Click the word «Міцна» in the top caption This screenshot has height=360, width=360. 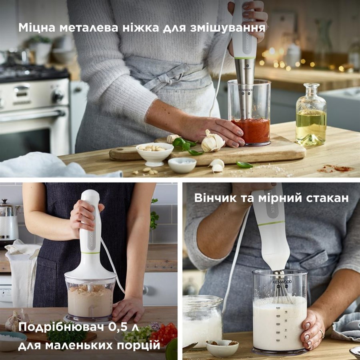pyautogui.click(x=37, y=28)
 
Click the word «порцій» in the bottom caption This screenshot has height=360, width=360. pyautogui.click(x=138, y=346)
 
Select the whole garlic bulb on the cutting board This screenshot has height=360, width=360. pyautogui.click(x=213, y=142)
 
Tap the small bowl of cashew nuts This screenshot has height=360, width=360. pyautogui.click(x=154, y=153)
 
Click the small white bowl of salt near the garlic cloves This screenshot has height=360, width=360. pyautogui.click(x=182, y=165)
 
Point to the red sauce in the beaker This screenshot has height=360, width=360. pyautogui.click(x=251, y=130)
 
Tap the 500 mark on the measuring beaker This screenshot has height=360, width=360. pyautogui.click(x=278, y=308)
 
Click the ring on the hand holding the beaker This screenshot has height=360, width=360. pyautogui.click(x=322, y=333)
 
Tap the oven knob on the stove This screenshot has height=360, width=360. pyautogui.click(x=57, y=95)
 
